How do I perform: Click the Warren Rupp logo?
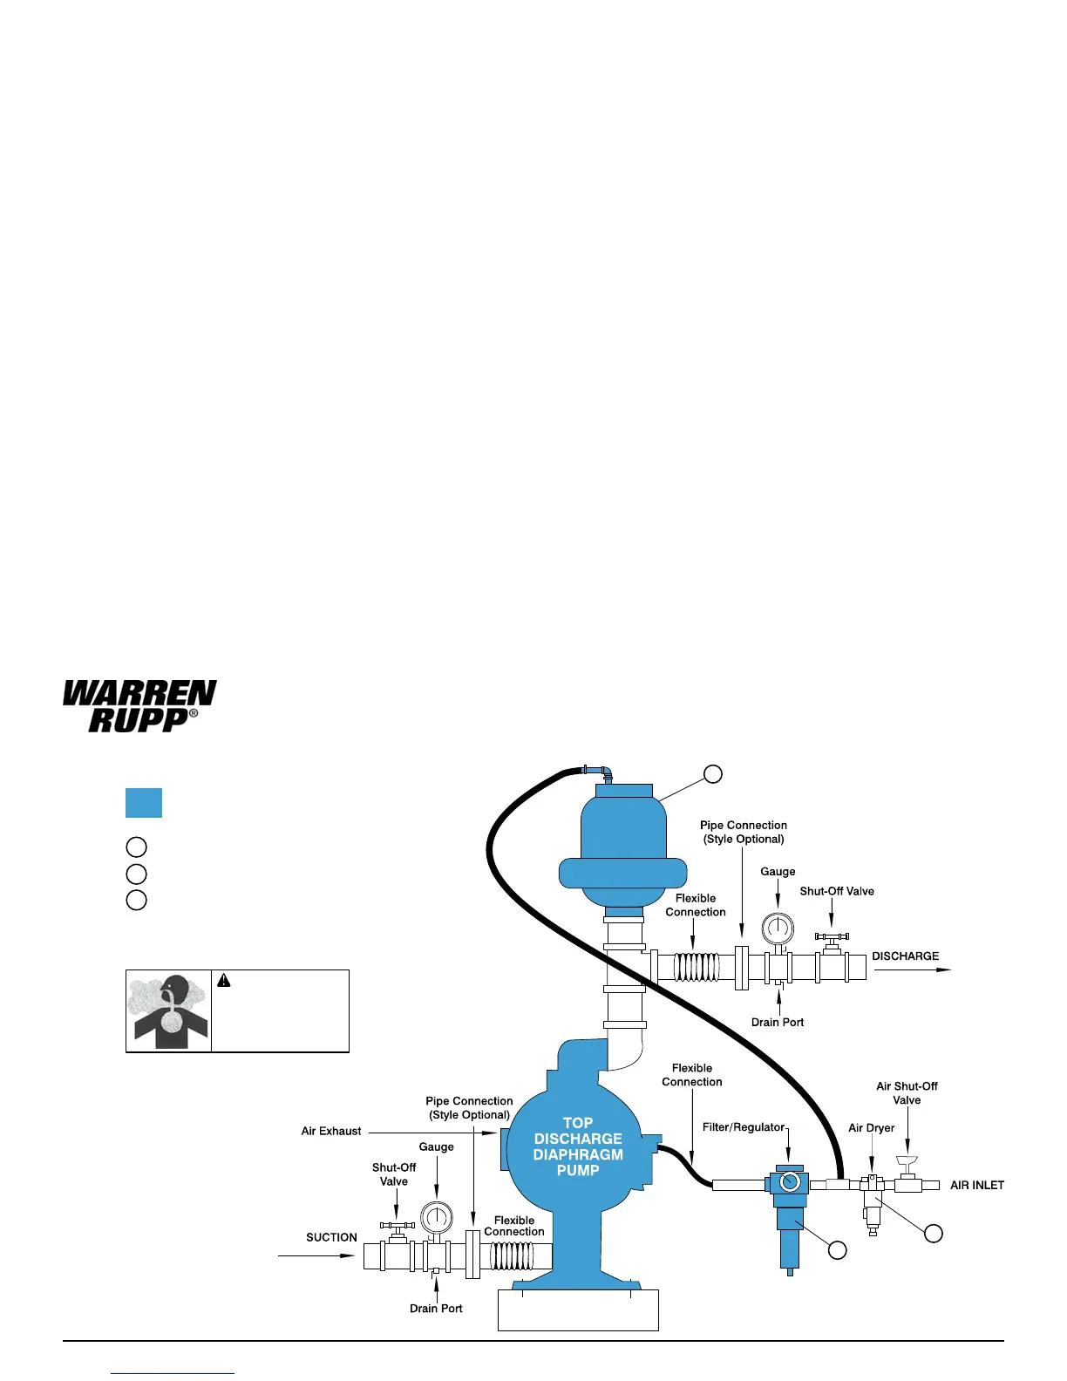[x=139, y=705]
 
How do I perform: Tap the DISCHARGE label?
[x=905, y=956]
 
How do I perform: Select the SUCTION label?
[x=331, y=1237]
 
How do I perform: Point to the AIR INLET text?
[x=976, y=1186]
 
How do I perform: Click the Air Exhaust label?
[x=331, y=1132]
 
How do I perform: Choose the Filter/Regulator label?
[x=744, y=1127]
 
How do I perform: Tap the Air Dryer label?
[x=871, y=1128]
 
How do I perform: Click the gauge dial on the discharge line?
[x=777, y=928]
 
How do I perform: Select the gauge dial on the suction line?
[x=436, y=1218]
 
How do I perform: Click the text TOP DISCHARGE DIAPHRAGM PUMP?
[x=578, y=1146]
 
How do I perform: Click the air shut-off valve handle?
[x=907, y=1161]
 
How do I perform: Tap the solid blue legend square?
[x=144, y=803]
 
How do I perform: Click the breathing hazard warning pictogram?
[x=169, y=1010]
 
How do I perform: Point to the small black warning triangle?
[x=224, y=981]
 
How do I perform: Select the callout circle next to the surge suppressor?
[x=713, y=773]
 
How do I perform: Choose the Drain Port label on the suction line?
[x=436, y=1309]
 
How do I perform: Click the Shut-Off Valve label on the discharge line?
[x=836, y=892]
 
